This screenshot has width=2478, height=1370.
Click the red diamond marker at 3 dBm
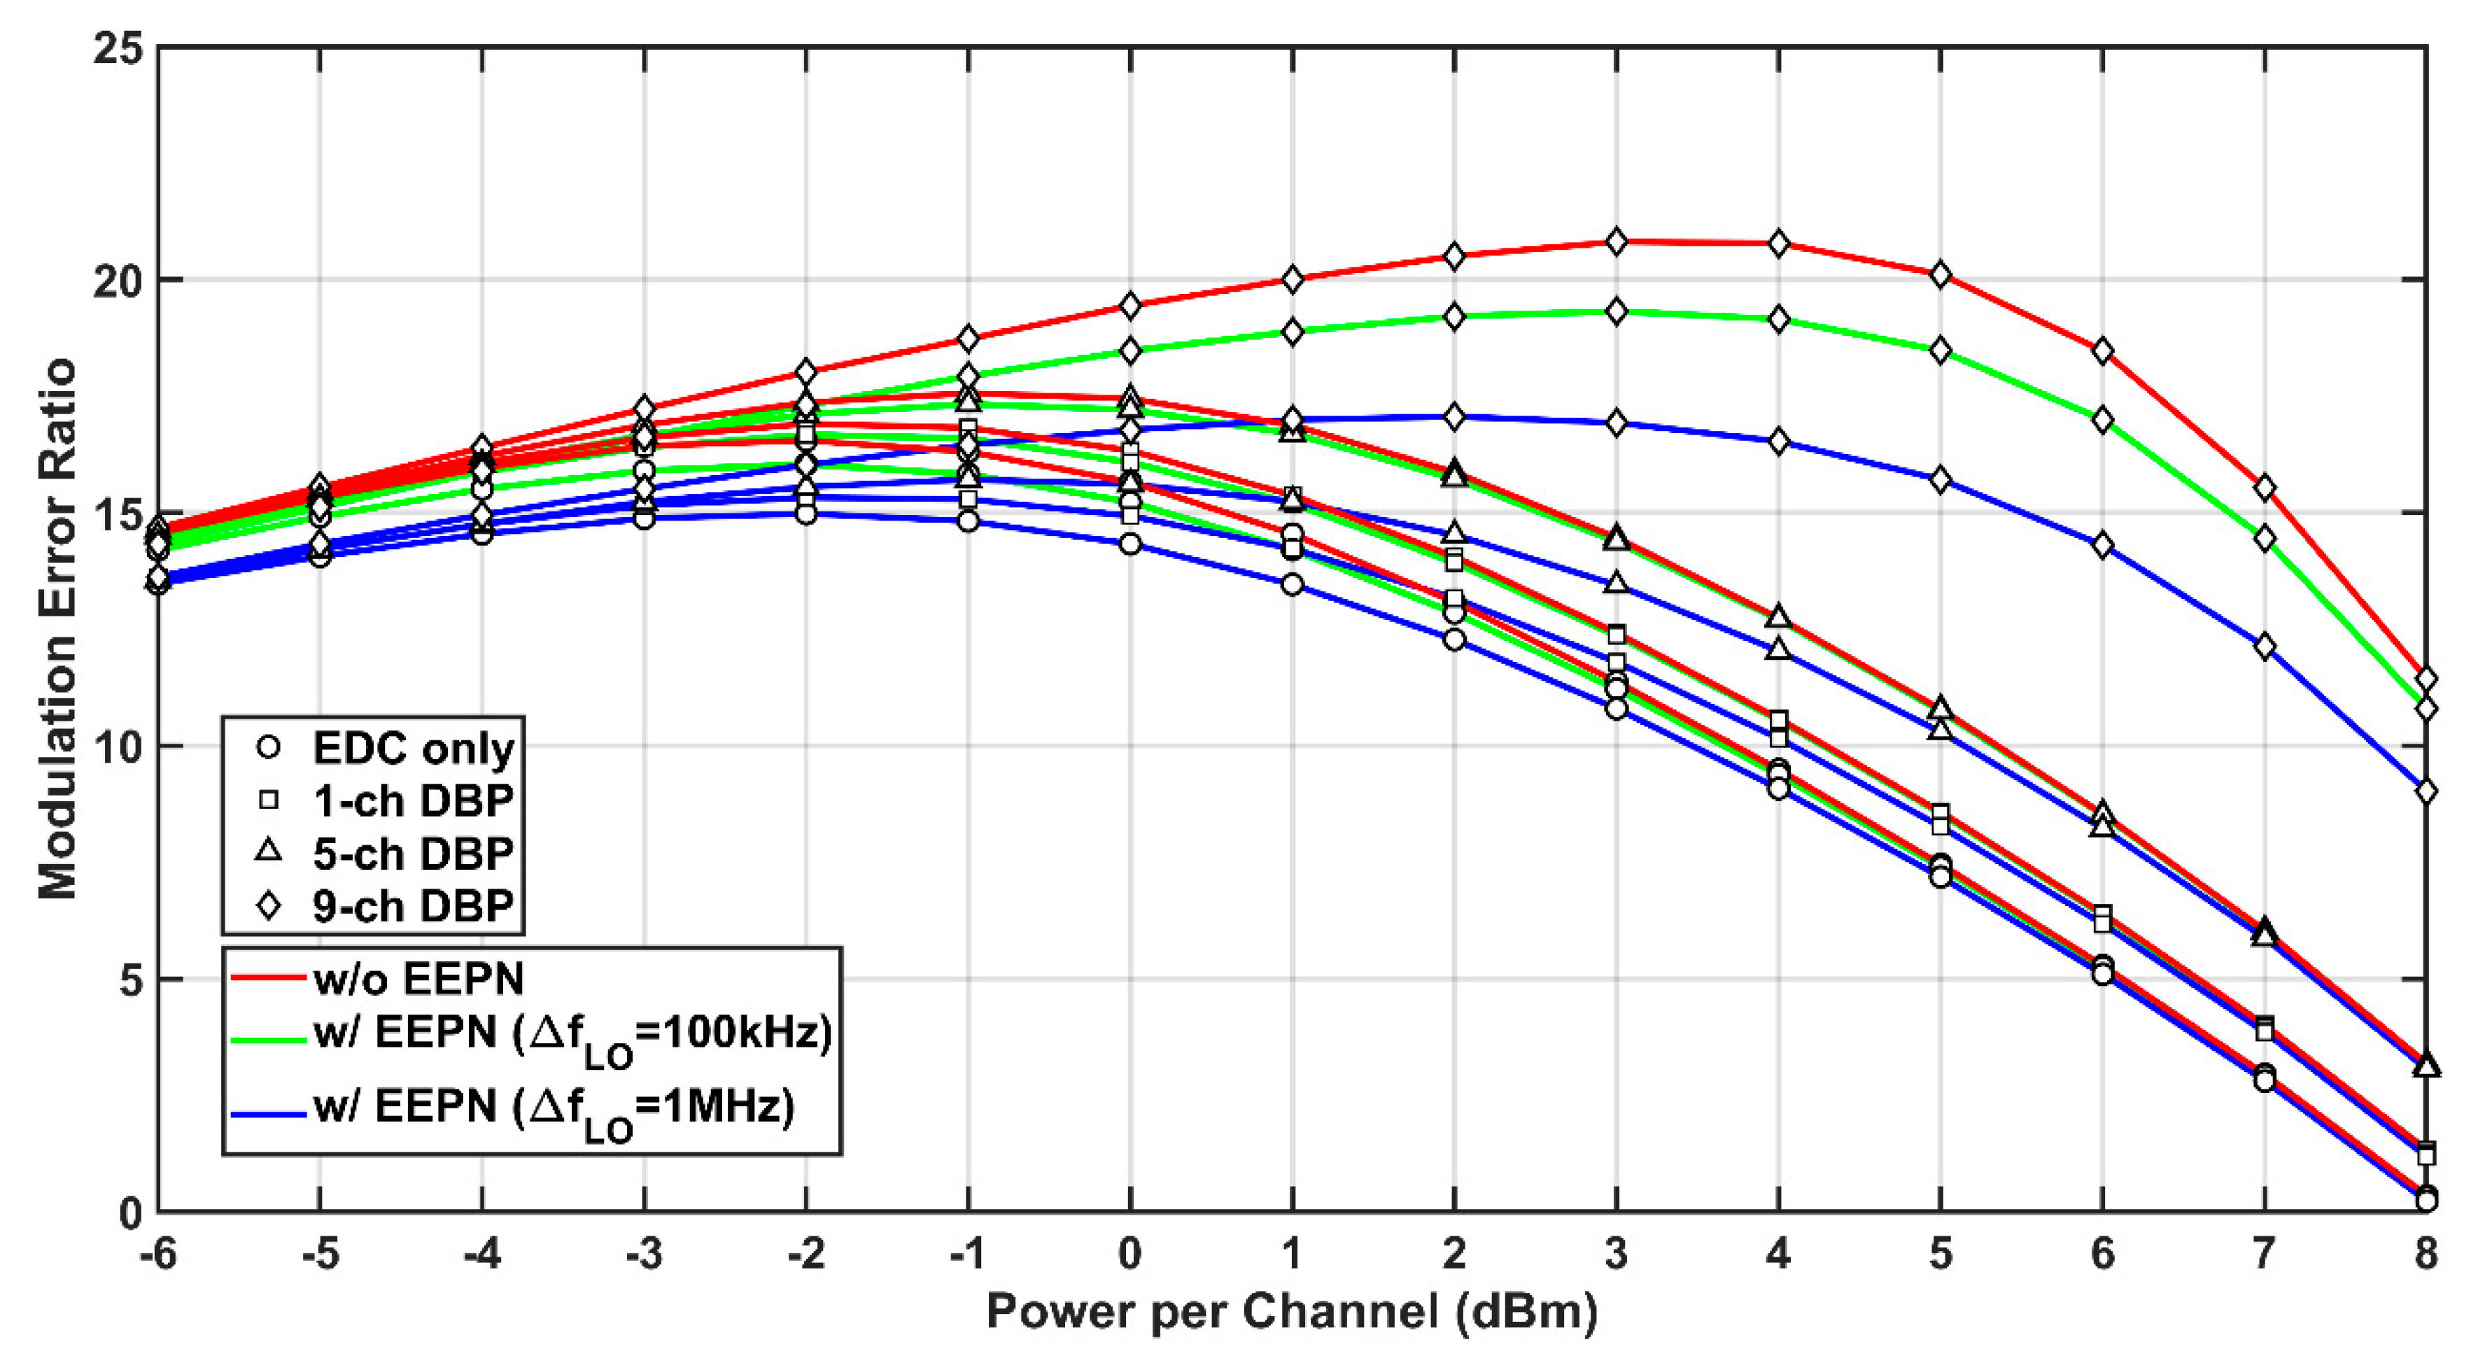[x=1616, y=242]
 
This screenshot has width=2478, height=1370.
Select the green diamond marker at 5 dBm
[x=1941, y=351]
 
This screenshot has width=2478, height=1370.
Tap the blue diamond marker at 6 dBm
[x=2102, y=546]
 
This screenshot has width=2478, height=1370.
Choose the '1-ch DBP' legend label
[x=414, y=800]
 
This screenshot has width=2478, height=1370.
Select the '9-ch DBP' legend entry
[x=414, y=905]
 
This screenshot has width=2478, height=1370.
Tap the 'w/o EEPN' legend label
[x=418, y=978]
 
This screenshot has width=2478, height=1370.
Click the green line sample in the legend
[x=270, y=1040]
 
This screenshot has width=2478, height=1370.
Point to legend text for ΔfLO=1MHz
[x=553, y=1109]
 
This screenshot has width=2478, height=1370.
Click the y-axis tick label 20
[x=116, y=280]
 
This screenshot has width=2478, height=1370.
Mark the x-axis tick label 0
[x=1130, y=1254]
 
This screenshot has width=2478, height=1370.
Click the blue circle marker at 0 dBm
[x=1130, y=544]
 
